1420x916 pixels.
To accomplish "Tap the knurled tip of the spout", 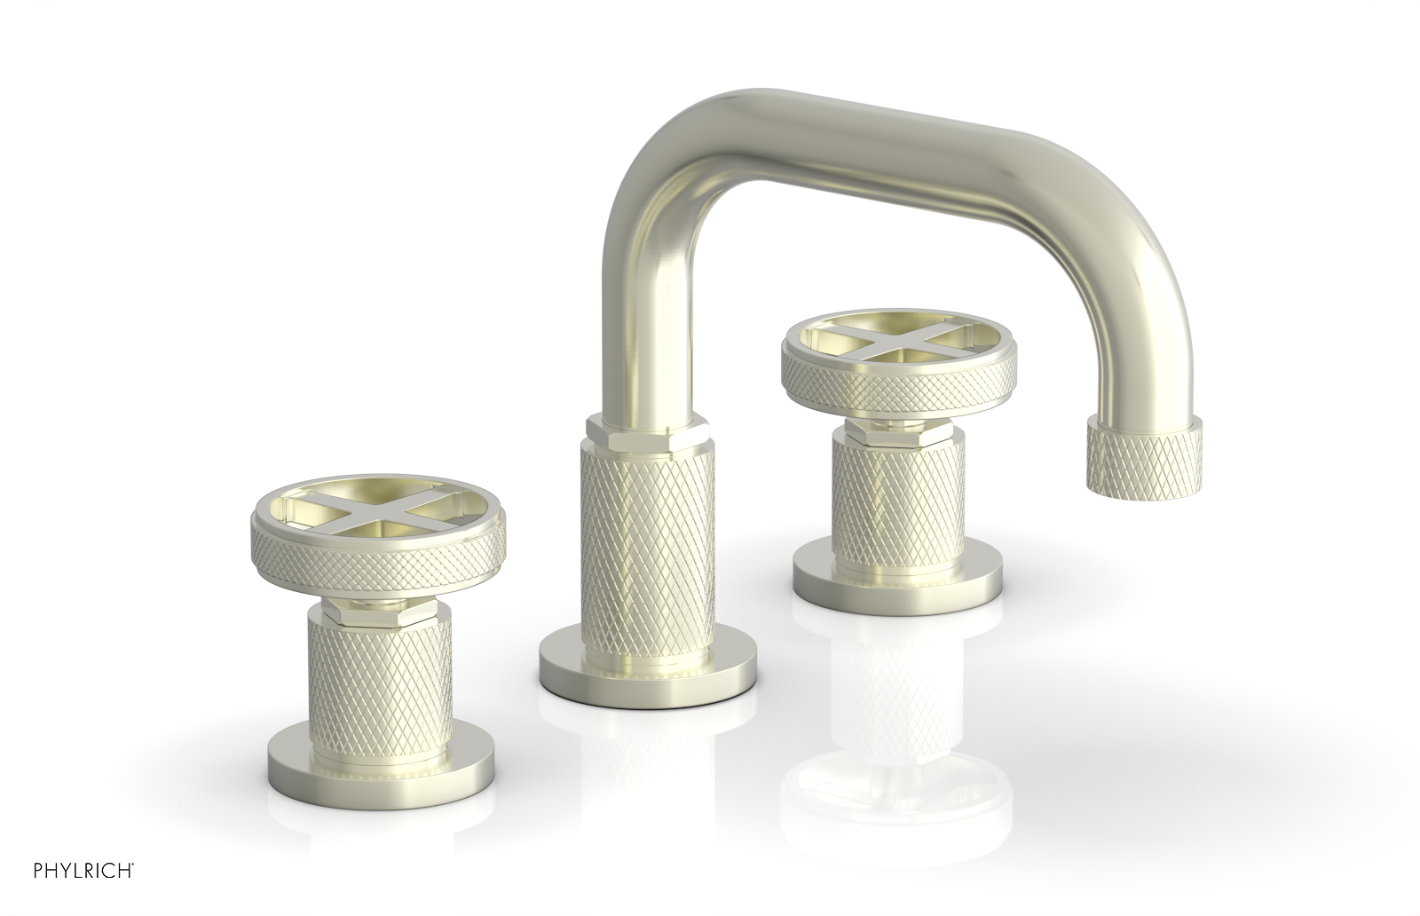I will pyautogui.click(x=1143, y=454).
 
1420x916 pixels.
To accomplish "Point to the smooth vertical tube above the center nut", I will pyautogui.click(x=632, y=337).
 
